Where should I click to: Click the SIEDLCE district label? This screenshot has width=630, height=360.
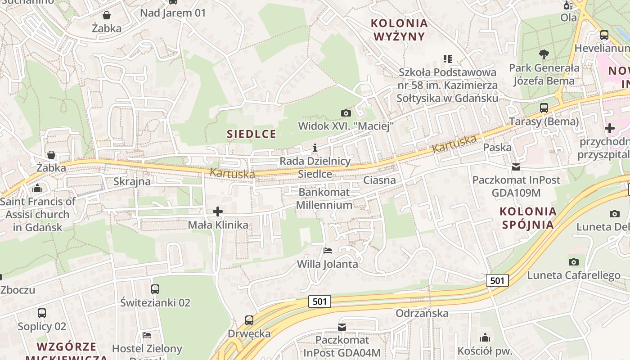[x=252, y=134]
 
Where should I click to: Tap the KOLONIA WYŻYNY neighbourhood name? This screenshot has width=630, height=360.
[x=399, y=29]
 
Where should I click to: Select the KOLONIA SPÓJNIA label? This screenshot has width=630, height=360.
[x=528, y=218]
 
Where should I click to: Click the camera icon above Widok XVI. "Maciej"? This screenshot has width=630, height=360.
[x=346, y=113]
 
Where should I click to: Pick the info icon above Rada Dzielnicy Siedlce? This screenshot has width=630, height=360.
[x=315, y=148]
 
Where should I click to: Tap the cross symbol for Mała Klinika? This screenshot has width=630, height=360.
[x=218, y=211]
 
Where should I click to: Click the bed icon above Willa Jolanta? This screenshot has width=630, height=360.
[x=328, y=250]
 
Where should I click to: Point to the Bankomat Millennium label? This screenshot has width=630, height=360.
[x=324, y=198]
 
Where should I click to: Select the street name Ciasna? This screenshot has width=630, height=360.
[x=379, y=180]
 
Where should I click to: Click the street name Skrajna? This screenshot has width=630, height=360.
[x=132, y=181]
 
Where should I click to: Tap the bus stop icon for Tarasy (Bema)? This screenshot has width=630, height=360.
[x=544, y=108]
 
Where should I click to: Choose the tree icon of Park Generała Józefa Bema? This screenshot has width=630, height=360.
[x=544, y=54]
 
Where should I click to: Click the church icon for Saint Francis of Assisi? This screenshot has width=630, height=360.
[x=37, y=188]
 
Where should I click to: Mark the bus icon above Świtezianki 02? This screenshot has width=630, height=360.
[x=155, y=289]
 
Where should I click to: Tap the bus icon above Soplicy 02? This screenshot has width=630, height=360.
[x=42, y=313]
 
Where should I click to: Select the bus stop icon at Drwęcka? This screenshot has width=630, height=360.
[x=249, y=320]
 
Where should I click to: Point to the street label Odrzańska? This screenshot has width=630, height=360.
[x=422, y=313]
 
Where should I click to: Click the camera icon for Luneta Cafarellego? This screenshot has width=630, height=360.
[x=573, y=262]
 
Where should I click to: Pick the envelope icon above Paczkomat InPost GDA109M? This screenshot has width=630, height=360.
[x=516, y=167]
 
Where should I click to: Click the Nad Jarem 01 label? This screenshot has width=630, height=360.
[x=173, y=13]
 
